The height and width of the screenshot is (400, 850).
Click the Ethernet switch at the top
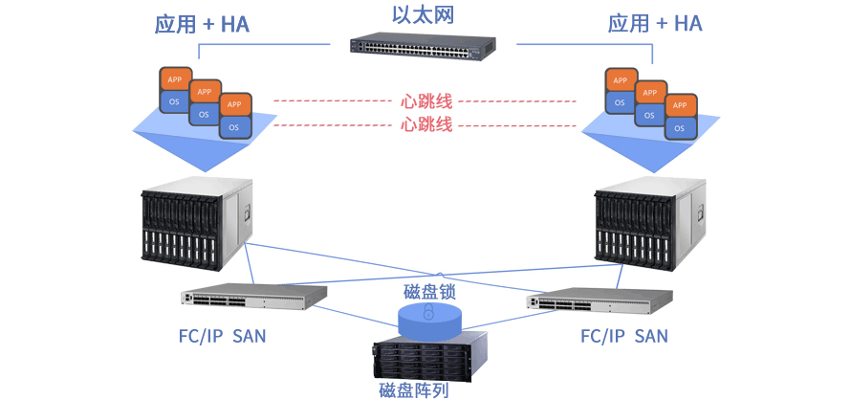423,46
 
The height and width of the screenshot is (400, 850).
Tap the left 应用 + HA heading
202,24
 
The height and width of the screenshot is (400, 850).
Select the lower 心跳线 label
426,124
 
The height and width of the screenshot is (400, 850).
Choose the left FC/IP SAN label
223,336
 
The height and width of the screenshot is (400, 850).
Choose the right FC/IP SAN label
624,336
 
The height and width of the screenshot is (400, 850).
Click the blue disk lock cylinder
428,318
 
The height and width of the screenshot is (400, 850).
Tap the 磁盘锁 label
429,289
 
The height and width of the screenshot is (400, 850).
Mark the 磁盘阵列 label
414,389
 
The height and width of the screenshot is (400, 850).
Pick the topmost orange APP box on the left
174,78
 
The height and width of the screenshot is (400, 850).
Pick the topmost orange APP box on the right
620,80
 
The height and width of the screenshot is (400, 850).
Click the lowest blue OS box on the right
679,127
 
